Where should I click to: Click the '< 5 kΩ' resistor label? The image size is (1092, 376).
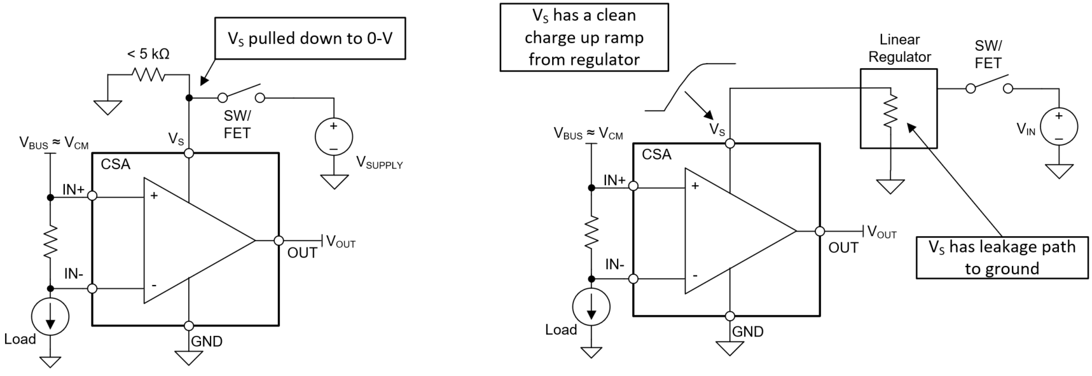[148, 54]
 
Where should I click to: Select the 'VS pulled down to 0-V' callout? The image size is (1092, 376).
[310, 39]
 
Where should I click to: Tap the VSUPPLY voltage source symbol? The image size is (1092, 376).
[334, 136]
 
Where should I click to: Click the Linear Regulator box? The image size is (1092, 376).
[898, 109]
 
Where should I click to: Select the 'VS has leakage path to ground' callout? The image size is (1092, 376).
[1002, 258]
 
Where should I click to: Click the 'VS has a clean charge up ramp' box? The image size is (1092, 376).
[584, 38]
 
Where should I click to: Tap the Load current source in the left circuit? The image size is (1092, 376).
[50, 316]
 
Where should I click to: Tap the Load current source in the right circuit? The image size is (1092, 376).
[591, 307]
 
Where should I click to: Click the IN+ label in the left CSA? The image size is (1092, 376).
[74, 189]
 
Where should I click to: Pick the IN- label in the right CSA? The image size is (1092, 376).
[614, 264]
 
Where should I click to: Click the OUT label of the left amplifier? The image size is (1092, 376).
[302, 253]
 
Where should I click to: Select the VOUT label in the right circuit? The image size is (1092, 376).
[881, 232]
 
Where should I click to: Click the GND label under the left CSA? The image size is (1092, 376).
[207, 342]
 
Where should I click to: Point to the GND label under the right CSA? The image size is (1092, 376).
[748, 331]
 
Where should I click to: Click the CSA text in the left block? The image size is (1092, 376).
[115, 164]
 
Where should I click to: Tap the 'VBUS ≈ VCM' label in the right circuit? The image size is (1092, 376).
[588, 134]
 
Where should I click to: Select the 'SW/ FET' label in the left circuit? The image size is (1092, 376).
[237, 125]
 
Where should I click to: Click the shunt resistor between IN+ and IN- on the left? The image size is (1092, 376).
[50, 241]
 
